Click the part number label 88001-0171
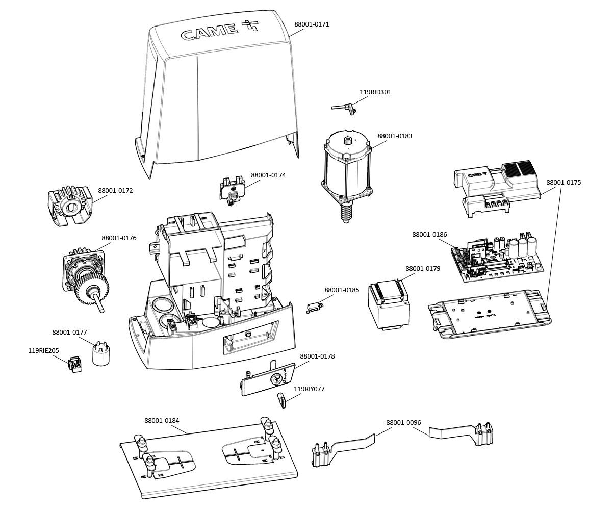312,24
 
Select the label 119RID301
375,92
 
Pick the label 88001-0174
268,175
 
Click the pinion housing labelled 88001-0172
69,207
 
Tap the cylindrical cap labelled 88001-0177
102,352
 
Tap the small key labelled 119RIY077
281,400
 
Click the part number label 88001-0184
162,421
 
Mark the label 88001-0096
403,422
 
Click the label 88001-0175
563,182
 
